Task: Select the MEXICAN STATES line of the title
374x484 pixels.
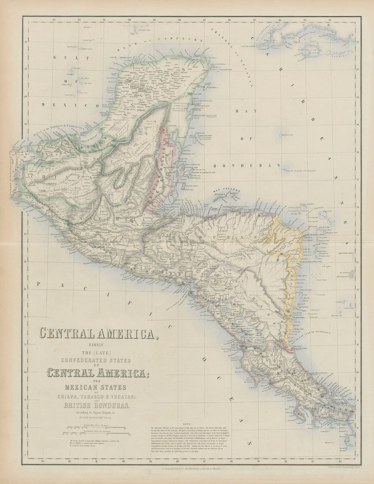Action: (95, 387)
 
